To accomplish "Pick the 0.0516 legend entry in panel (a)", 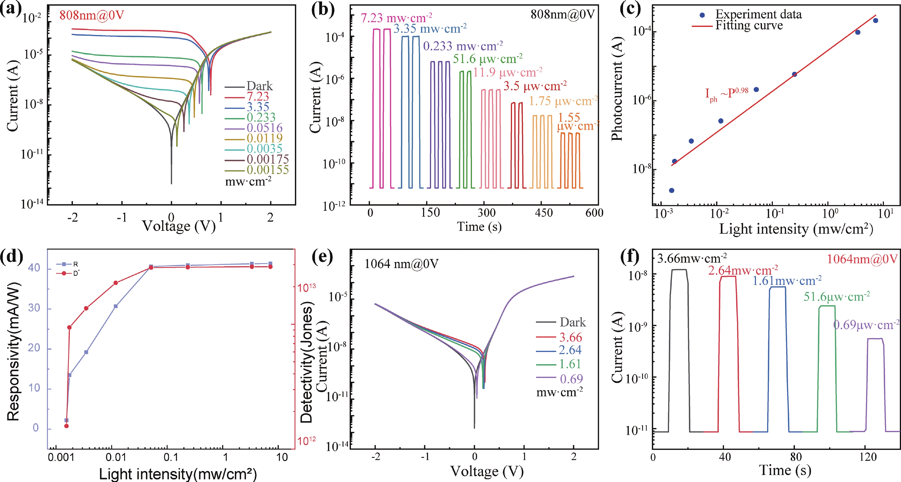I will point(264,128).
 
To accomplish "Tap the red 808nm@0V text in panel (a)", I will point(92,15).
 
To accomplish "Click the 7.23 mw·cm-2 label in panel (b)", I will point(396,17).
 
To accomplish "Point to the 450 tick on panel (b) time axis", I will point(543,213).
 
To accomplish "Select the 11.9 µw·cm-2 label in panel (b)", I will point(507,73).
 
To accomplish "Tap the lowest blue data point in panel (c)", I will point(672,191).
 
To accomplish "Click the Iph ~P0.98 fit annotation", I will point(727,93).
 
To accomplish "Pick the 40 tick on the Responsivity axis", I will point(34,268).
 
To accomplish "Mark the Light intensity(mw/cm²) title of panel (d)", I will point(178,474).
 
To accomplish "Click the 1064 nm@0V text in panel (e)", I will point(401,264).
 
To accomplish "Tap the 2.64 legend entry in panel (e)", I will point(570,350).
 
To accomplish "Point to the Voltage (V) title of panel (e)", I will point(486,471).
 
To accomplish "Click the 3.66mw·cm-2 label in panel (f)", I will point(692,259).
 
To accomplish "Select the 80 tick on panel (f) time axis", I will point(795,457).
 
